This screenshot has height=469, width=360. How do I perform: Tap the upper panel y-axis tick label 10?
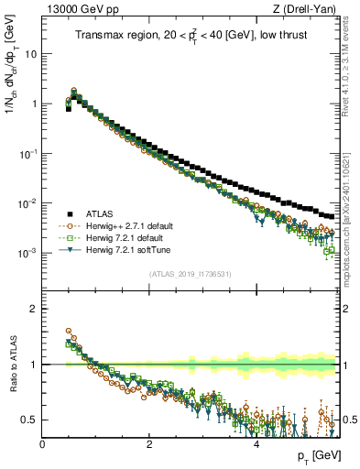(x=29, y=53)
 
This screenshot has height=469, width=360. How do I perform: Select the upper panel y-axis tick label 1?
(x=33, y=104)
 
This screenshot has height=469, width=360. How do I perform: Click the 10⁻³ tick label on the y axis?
(x=27, y=252)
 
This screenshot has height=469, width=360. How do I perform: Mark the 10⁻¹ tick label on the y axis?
(x=27, y=153)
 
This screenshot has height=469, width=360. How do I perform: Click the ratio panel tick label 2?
(x=33, y=309)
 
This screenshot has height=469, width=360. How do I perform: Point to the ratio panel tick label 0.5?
(x=29, y=420)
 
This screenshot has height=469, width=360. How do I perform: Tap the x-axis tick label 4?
(x=256, y=444)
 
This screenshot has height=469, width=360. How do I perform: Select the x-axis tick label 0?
(x=43, y=444)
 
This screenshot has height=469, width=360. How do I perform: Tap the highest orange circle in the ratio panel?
(x=68, y=331)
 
